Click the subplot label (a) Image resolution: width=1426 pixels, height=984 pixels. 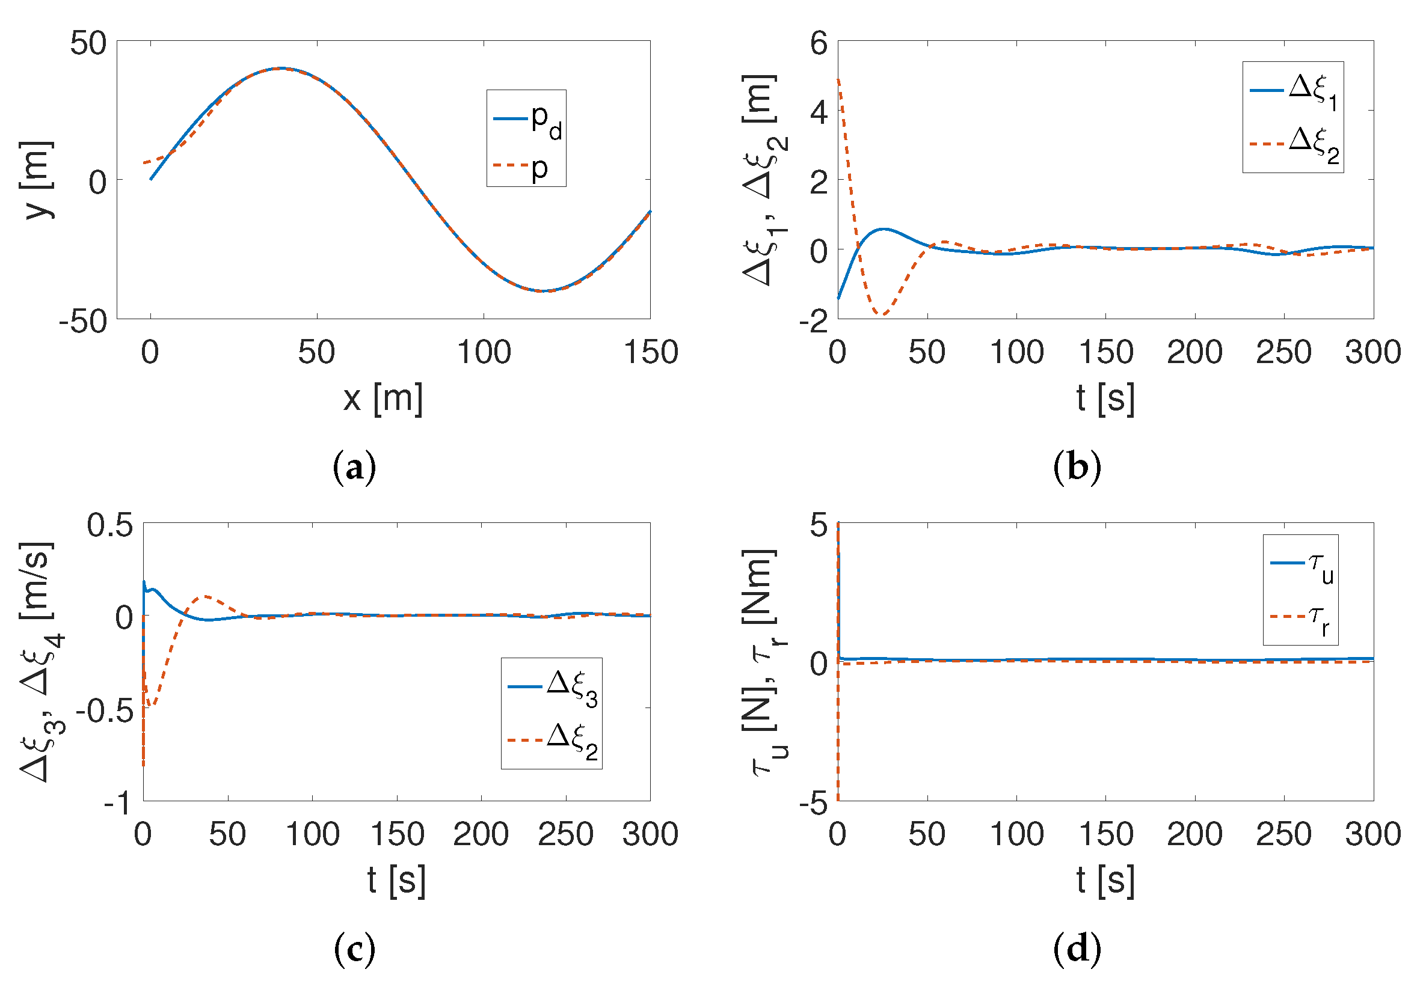pos(354,467)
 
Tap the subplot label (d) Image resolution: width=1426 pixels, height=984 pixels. pos(1077,949)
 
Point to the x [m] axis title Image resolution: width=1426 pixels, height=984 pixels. pos(383,399)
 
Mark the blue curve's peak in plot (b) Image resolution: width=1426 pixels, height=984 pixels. pos(885,229)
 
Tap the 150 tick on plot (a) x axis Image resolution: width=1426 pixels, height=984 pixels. pos(651,352)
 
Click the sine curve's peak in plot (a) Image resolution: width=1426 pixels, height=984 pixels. pos(281,68)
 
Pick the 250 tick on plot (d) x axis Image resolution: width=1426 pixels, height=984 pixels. pos(1283,834)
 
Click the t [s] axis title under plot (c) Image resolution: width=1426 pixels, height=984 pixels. pos(396,880)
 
